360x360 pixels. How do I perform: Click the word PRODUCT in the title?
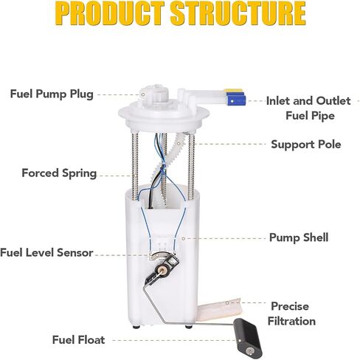click(110, 13)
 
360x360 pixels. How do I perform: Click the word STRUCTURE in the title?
click(238, 13)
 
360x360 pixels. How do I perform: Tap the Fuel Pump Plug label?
click(52, 94)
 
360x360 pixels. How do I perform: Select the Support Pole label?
click(306, 145)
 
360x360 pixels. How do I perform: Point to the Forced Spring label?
click(59, 173)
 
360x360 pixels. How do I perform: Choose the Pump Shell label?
click(299, 238)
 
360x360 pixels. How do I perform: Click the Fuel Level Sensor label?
click(46, 252)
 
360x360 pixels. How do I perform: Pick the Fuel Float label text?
click(78, 340)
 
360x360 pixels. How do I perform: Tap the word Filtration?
click(291, 321)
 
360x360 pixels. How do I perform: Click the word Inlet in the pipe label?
click(277, 101)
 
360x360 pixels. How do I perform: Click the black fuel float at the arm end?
click(248, 338)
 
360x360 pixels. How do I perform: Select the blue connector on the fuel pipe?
click(237, 100)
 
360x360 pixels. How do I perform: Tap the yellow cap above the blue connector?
click(233, 91)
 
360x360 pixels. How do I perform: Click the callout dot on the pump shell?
click(183, 238)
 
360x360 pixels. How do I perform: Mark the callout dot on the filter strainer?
click(227, 303)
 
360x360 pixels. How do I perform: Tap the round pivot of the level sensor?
click(162, 271)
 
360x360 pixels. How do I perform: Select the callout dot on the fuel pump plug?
click(143, 94)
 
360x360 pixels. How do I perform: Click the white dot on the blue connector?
click(232, 101)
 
